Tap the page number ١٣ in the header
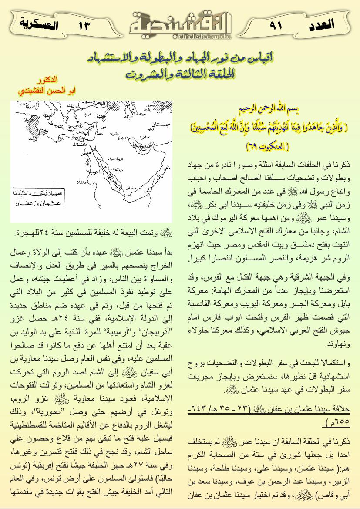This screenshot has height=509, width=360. point(84,25)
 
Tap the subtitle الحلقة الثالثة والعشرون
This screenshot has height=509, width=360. point(180,74)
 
